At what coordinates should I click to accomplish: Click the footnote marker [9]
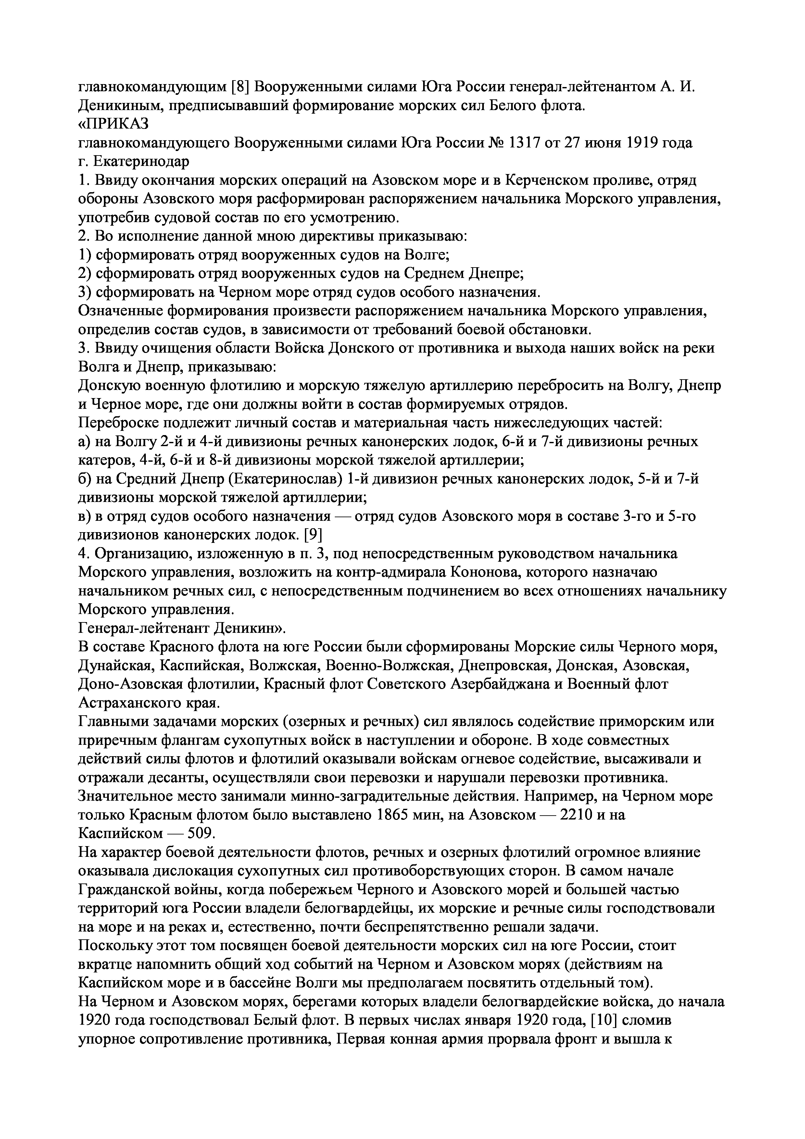[313, 535]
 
